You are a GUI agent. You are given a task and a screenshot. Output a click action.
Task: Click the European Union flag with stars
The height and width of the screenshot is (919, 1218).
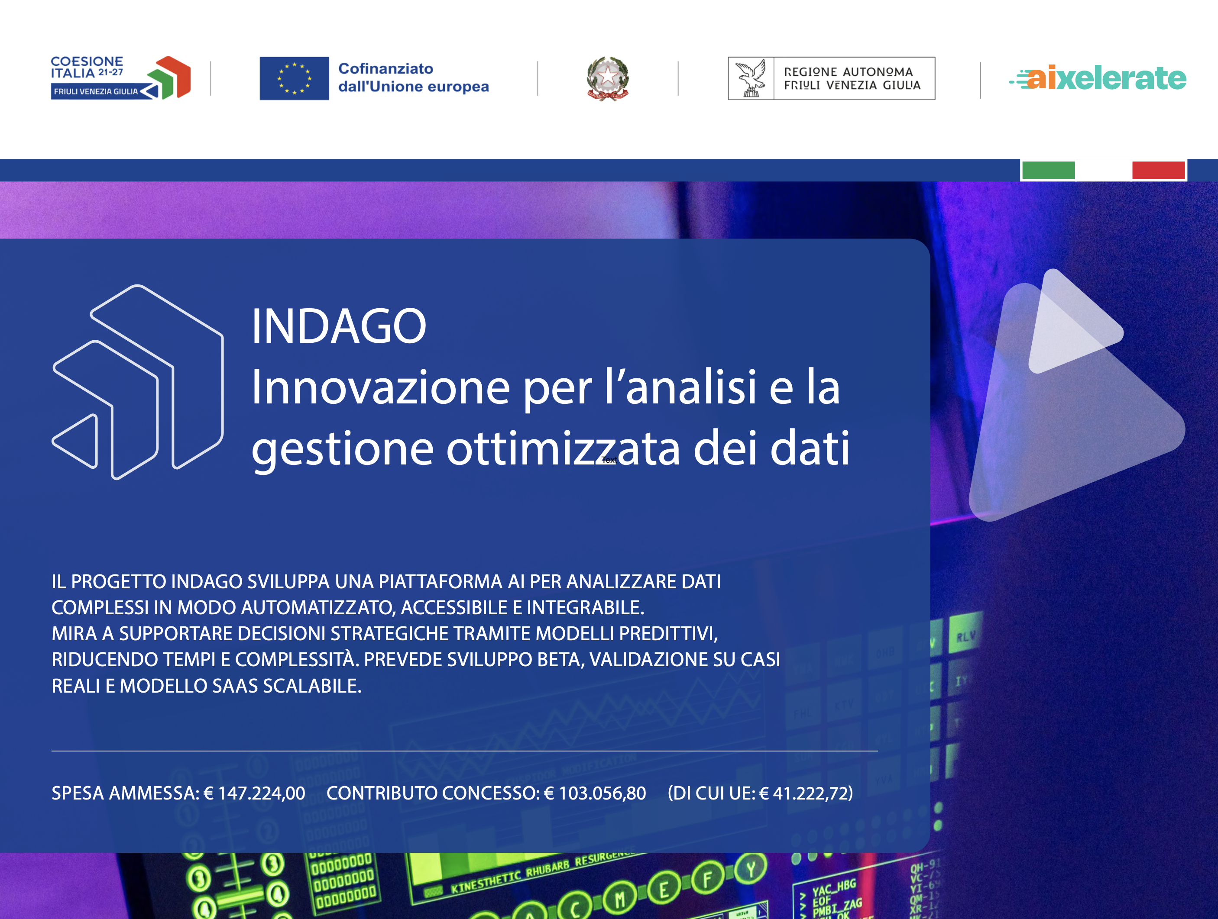pyautogui.click(x=294, y=78)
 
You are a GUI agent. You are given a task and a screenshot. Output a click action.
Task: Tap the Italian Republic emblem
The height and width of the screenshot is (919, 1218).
pyautogui.click(x=607, y=78)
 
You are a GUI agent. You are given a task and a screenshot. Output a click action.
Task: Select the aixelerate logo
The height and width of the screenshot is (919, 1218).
pyautogui.click(x=1098, y=78)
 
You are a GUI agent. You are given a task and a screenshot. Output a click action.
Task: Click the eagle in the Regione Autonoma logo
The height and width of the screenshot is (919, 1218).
pyautogui.click(x=751, y=78)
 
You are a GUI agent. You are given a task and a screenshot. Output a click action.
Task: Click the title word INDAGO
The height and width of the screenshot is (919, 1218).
pyautogui.click(x=339, y=326)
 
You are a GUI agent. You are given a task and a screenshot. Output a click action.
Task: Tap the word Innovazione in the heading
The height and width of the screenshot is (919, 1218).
pyautogui.click(x=380, y=387)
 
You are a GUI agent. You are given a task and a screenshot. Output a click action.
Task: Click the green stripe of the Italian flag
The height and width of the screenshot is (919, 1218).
pyautogui.click(x=1048, y=170)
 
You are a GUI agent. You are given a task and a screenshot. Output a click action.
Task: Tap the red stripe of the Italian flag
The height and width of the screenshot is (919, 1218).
pyautogui.click(x=1158, y=170)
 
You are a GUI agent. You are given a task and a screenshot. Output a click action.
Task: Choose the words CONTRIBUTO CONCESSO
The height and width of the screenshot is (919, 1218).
pyautogui.click(x=433, y=793)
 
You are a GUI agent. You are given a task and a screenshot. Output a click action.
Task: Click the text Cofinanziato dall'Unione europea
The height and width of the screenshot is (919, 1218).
pyautogui.click(x=413, y=77)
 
